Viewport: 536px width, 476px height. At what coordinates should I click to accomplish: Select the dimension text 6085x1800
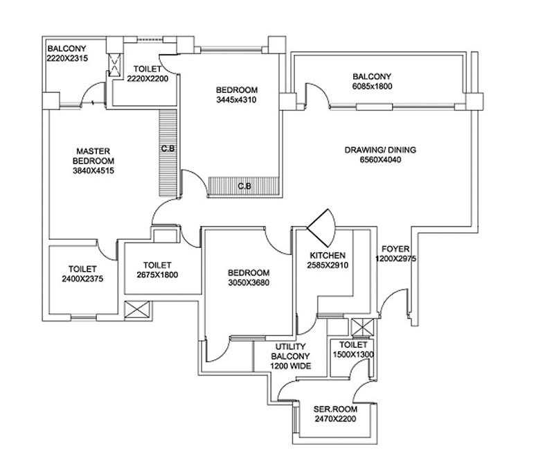point(372,87)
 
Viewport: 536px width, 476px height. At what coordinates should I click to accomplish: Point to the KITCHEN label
point(327,256)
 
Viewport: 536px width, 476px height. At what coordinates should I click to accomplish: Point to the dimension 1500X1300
point(352,354)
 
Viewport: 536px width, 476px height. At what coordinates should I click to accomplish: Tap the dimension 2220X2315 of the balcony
point(69,59)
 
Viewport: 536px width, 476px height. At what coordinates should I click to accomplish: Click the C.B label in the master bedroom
point(167,149)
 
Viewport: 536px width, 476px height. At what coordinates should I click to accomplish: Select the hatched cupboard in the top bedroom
point(244,186)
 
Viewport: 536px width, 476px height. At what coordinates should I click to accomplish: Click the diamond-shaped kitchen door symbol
point(321,226)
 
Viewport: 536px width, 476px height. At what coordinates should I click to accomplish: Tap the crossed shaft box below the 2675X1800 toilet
point(133,311)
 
